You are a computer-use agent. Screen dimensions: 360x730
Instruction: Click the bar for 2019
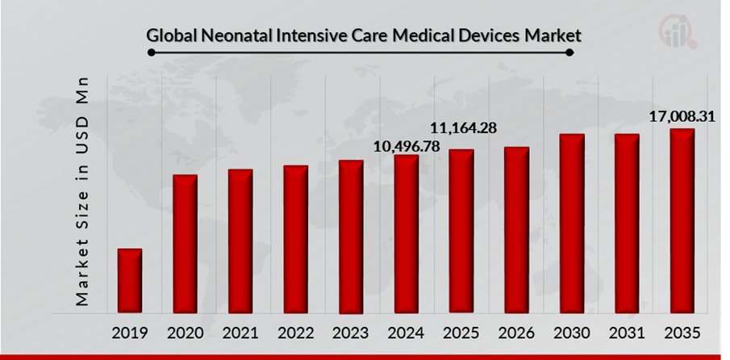coord(130,281)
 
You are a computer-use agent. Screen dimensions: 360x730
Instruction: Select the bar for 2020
coord(185,244)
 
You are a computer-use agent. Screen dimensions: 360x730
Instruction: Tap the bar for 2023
coord(351,237)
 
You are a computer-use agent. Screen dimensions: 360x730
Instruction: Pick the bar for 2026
coord(516,230)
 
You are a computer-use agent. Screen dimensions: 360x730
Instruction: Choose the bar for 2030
coord(571,224)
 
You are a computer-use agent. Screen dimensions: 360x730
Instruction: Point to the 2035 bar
coord(682,220)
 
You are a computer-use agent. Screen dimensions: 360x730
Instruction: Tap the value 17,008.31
coord(682,118)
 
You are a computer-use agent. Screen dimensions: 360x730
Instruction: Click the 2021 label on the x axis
coord(240,333)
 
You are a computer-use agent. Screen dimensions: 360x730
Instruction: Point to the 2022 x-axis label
coord(295,333)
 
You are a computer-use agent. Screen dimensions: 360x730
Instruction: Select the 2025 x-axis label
coord(461,333)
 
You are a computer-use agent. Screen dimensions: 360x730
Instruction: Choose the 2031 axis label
coord(627,333)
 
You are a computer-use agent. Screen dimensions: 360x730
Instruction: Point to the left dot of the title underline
coord(149,52)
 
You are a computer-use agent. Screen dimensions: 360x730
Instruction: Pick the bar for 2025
coord(461,231)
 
